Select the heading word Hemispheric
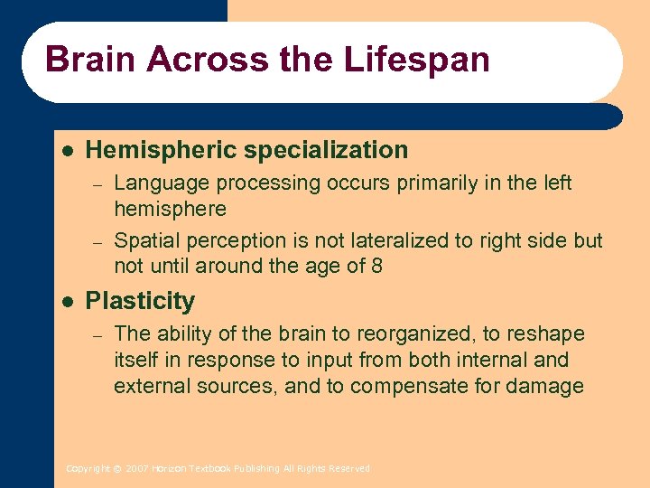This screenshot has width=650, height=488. tap(161, 150)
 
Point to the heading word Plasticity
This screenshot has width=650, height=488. tap(140, 301)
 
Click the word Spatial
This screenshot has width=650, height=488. tap(144, 240)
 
